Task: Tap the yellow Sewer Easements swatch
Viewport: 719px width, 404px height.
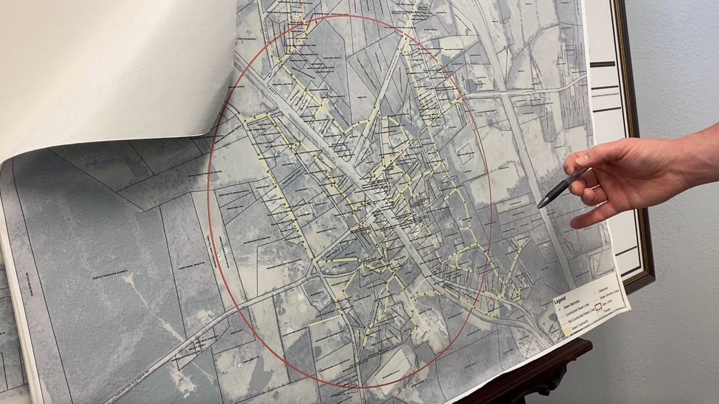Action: pos(568,333)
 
